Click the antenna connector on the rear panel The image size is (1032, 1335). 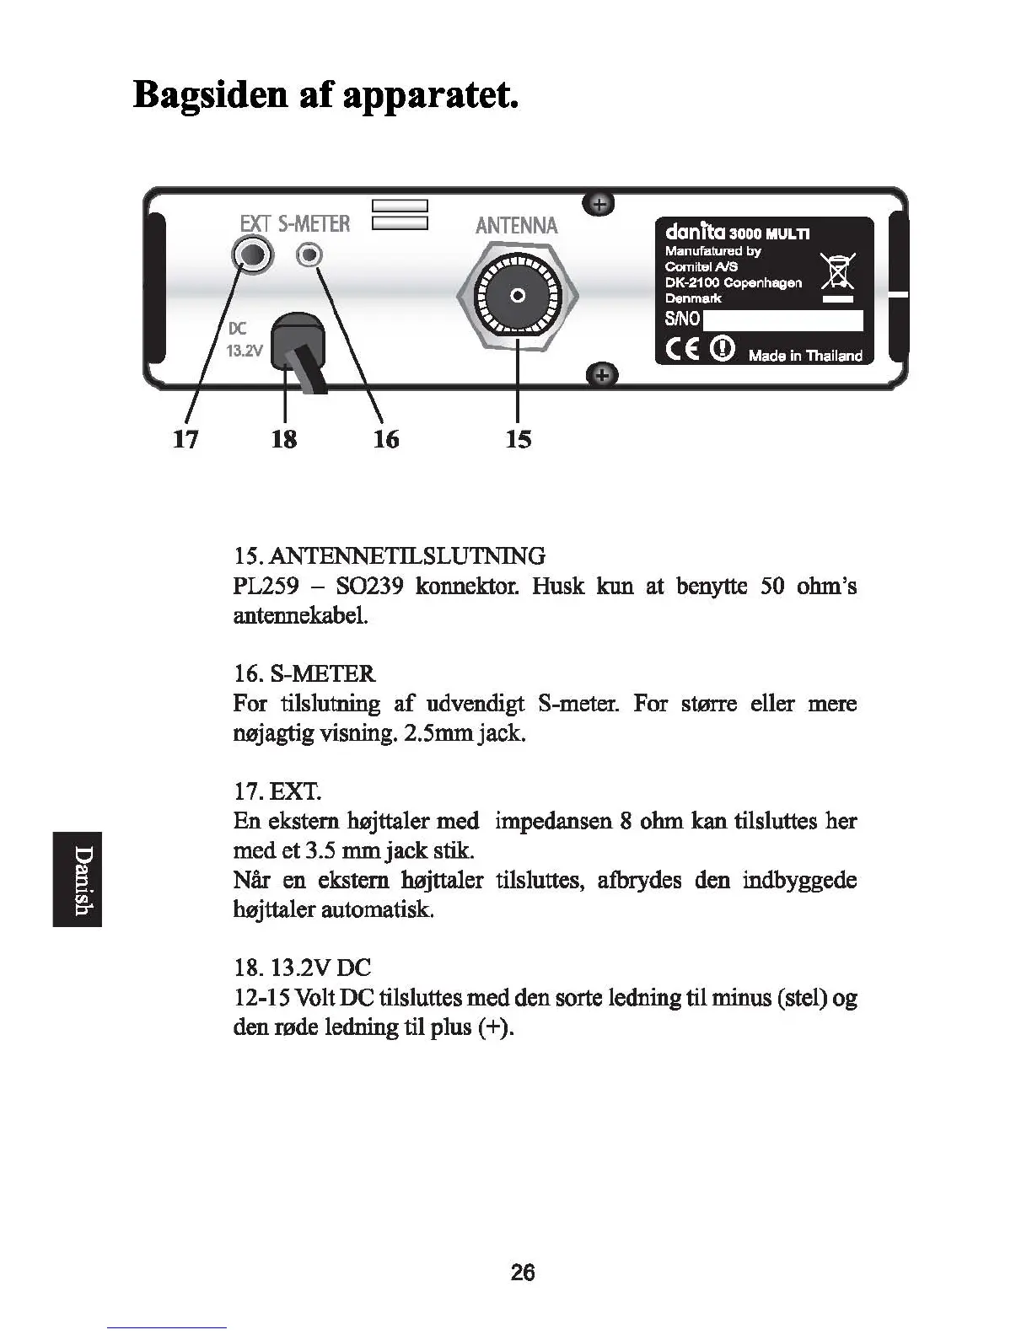point(519,296)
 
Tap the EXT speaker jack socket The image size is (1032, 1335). point(253,255)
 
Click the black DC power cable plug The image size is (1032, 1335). point(296,346)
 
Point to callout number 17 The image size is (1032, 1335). point(185,439)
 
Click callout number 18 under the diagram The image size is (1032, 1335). point(284,439)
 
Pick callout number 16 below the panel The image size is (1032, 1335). point(386,439)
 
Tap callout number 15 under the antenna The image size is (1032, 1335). point(519,439)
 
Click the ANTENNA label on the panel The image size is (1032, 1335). point(516,225)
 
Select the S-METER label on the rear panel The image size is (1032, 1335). point(314,223)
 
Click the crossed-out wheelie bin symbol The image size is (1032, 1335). point(838,271)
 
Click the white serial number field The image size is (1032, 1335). point(782,320)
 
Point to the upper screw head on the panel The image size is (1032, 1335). point(599,203)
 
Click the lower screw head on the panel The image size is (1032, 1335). point(600,374)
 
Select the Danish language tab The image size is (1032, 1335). point(78,879)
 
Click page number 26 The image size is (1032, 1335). point(523,1273)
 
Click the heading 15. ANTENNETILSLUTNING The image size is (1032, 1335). point(389,556)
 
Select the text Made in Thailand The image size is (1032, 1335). point(805,356)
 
